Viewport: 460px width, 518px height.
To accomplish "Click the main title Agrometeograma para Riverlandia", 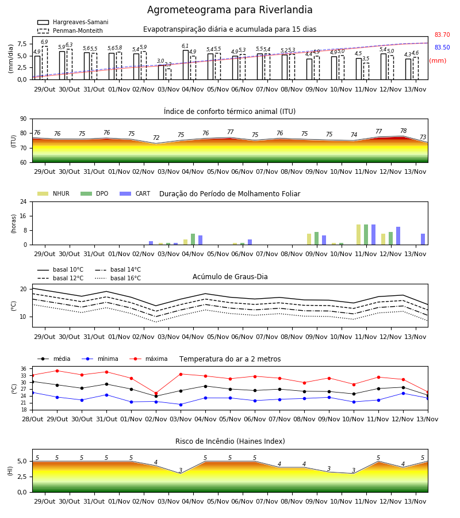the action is tap(229, 10).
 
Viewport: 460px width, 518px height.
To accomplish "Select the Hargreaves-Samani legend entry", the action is tap(72, 22).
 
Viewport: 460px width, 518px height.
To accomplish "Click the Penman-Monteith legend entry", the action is tap(70, 31).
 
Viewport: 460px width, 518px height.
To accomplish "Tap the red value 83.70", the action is tap(442, 35).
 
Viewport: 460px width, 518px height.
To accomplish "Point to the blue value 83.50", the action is tap(442, 47).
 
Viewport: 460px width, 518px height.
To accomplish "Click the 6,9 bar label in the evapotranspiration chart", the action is tap(44, 42).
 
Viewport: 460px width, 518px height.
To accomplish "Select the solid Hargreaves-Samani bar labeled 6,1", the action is tap(186, 65).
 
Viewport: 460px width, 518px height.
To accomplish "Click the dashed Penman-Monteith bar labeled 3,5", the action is tap(366, 71).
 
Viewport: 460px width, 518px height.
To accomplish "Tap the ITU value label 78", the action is tap(403, 131).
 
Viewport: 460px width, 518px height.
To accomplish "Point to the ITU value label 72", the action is tap(156, 138).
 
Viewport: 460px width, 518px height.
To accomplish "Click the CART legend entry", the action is tap(135, 193).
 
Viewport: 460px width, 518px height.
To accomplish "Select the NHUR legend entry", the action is tap(53, 193).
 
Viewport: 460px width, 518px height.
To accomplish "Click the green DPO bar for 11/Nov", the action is tap(366, 235).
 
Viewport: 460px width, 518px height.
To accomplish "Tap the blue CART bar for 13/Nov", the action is tap(423, 239).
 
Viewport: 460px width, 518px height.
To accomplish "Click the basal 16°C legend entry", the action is tap(118, 278).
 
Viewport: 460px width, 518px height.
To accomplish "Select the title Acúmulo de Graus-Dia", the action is tap(230, 277).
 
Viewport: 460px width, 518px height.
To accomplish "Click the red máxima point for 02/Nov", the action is tap(156, 394).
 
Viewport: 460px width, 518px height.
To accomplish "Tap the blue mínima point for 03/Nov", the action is tap(181, 405).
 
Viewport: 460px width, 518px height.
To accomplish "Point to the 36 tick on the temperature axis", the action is tap(24, 369).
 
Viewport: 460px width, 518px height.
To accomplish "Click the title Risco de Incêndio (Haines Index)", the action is tap(230, 441).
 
